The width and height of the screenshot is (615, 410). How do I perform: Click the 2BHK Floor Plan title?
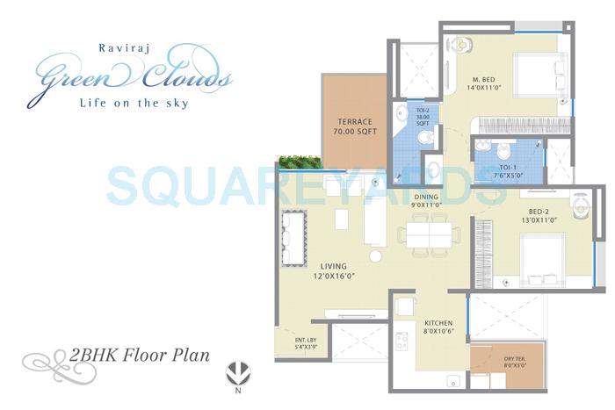pos(136,356)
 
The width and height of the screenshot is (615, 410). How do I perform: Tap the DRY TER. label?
pos(517,363)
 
